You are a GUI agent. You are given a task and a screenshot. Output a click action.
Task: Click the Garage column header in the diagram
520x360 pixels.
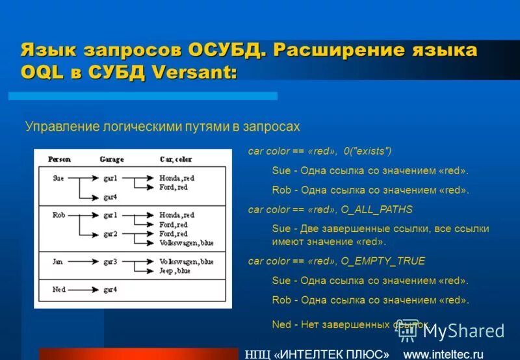click(x=111, y=159)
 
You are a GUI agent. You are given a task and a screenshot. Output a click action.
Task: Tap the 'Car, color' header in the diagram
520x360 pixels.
click(x=175, y=159)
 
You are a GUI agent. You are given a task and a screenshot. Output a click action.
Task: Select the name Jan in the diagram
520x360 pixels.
click(x=57, y=262)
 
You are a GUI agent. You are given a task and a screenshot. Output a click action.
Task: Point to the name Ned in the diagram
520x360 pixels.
click(x=58, y=289)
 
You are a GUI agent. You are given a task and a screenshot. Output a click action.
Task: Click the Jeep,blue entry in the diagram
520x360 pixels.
click(x=174, y=270)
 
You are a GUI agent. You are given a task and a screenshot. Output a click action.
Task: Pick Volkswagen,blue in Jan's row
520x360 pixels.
click(x=186, y=262)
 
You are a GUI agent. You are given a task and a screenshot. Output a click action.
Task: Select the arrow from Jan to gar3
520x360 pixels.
click(x=81, y=262)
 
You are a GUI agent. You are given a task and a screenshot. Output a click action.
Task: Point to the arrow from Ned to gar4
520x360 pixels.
click(x=81, y=289)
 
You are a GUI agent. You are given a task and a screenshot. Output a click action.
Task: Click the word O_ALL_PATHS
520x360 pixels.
click(x=377, y=210)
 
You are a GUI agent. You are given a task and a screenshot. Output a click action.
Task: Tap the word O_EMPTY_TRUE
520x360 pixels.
click(x=383, y=261)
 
